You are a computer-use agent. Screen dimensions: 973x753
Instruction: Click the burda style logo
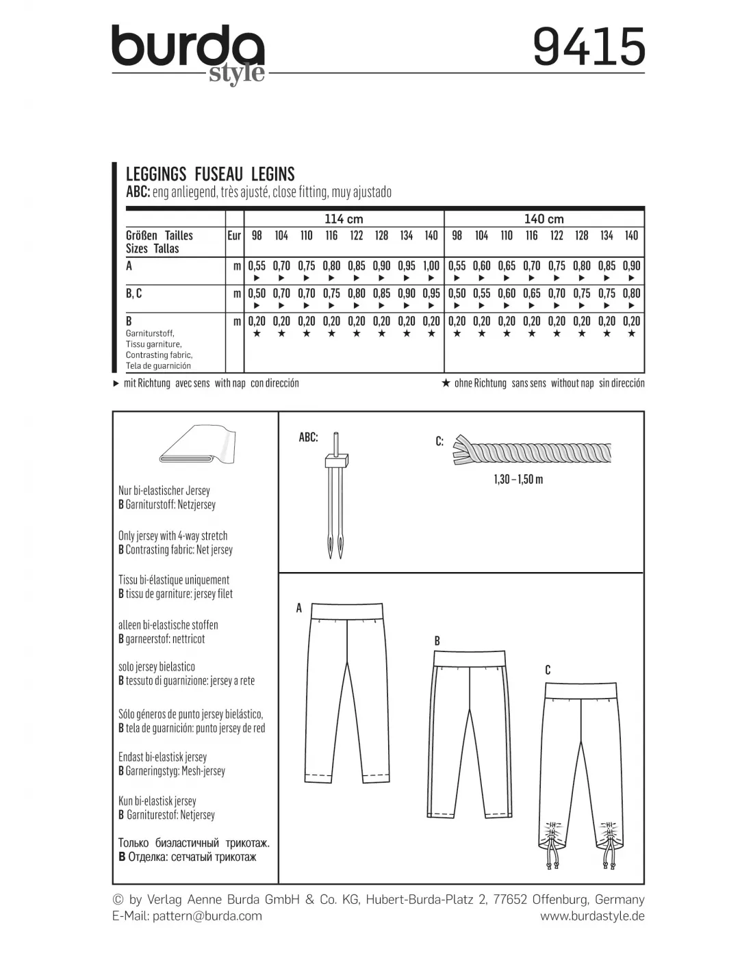(x=188, y=53)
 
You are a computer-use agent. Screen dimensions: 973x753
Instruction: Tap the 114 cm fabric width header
(x=344, y=219)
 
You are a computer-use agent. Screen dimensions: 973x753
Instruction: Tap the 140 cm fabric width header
(x=544, y=219)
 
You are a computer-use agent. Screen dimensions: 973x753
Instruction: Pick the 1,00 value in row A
(x=431, y=265)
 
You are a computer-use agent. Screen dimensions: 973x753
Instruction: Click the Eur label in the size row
(x=234, y=235)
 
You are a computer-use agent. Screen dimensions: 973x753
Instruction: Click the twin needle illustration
(x=335, y=496)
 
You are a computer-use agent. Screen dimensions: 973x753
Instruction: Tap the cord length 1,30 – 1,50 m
(x=518, y=480)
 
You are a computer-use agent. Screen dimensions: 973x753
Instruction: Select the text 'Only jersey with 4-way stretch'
(x=173, y=536)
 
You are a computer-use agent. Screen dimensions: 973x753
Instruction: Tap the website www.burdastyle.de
(x=592, y=916)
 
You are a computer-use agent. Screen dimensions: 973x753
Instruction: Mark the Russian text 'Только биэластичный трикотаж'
(x=194, y=843)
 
